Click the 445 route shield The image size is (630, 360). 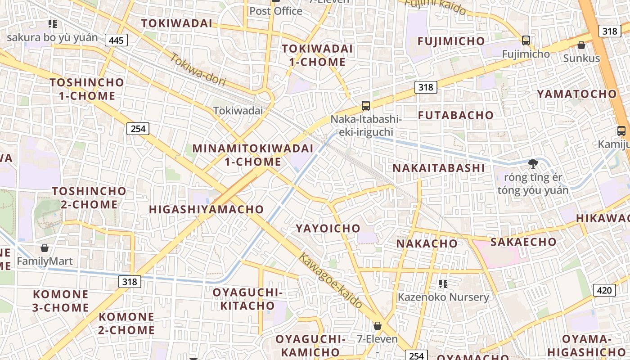pos(116,40)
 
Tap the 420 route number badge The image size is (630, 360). pos(604,290)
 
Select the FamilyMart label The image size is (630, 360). pos(45,261)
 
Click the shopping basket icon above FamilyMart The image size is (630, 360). pos(45,248)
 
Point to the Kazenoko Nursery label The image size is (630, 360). pos(443,297)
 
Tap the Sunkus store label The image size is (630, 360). pos(581,58)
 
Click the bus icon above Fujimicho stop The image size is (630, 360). pos(526,40)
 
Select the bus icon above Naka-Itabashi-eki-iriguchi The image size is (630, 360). pos(366,106)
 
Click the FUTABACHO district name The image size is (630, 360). pos(456,115)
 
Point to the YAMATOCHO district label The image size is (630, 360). pos(576,94)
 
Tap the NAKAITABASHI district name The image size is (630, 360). pos(439,168)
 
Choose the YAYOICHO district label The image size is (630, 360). pos(328,228)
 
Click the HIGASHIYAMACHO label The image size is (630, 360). pos(206,209)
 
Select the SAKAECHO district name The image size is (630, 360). pos(523,242)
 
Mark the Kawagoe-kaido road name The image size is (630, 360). pos(331,281)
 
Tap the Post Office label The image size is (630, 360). pos(276,11)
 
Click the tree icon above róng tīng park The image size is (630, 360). pos(533,163)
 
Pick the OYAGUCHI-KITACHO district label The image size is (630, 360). pos(247,299)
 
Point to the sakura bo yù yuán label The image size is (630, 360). pos(52,37)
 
